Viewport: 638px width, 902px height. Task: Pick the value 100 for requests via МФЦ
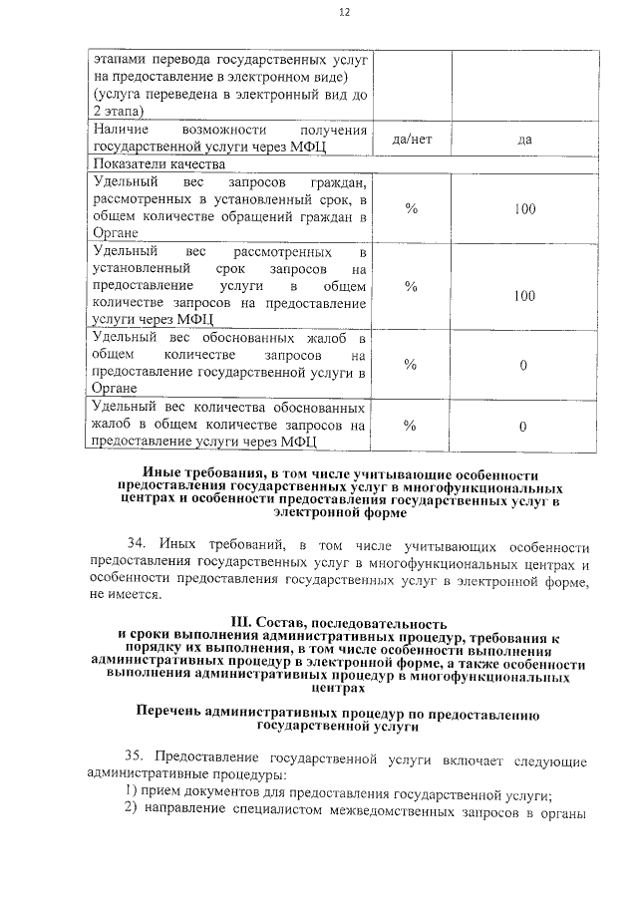[524, 296]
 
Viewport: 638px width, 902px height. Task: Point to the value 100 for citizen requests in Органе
[524, 209]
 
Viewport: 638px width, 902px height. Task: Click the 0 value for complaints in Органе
[523, 365]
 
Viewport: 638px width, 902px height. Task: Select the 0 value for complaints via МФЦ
[523, 427]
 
